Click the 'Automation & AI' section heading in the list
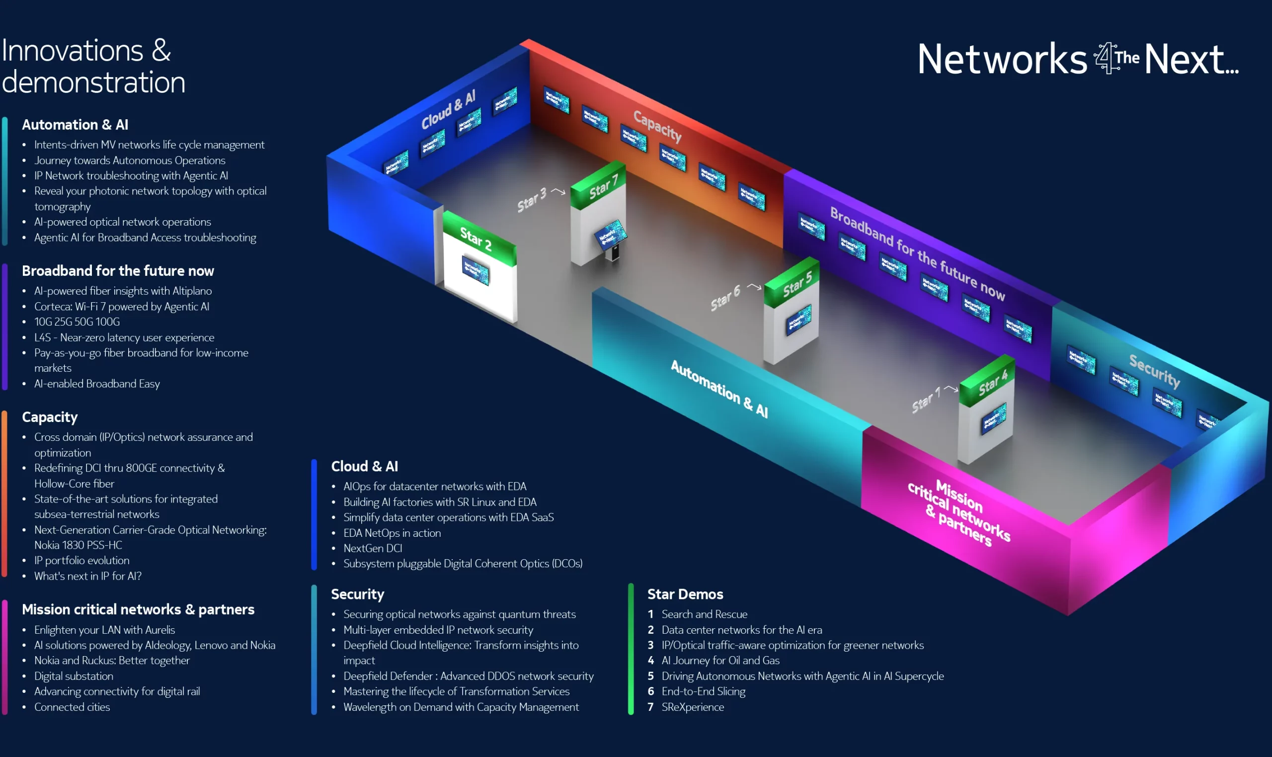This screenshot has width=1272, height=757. click(x=75, y=125)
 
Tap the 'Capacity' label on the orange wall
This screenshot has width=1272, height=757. click(x=657, y=125)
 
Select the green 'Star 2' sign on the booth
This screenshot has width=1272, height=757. click(x=476, y=238)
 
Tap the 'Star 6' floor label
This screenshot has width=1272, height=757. click(x=725, y=298)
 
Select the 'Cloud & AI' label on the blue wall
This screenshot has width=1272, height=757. click(x=448, y=110)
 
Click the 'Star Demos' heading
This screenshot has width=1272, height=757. click(x=685, y=594)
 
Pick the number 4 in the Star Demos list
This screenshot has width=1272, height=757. click(x=650, y=661)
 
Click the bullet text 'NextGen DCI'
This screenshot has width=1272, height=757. click(x=373, y=548)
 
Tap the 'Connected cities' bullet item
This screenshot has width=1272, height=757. click(x=72, y=707)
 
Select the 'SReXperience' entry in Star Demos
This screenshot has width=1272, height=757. click(x=692, y=707)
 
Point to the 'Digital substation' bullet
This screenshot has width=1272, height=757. click(x=74, y=676)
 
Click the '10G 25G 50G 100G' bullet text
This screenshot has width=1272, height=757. click(x=77, y=322)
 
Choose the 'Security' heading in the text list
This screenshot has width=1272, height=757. click(x=357, y=594)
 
